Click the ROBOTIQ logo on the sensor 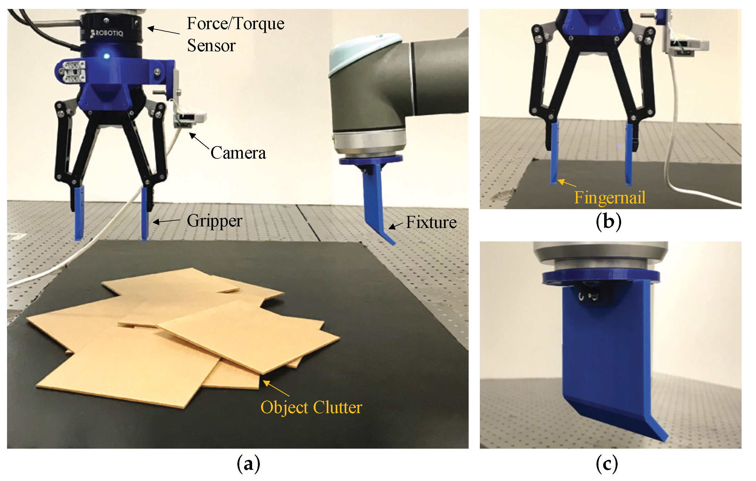pos(107,33)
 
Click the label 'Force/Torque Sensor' pos(235,34)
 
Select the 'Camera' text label pos(238,153)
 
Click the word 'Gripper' pos(214,221)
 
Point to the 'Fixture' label pos(431,222)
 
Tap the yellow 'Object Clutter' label pos(311,407)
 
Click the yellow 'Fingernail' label pos(610,197)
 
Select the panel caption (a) pos(248,464)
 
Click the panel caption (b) pos(608,221)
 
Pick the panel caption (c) pos(607,464)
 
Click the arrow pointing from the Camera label pos(199,141)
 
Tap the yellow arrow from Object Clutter pos(276,388)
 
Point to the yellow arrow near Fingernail pos(567,183)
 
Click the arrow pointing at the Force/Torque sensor pos(163,30)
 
